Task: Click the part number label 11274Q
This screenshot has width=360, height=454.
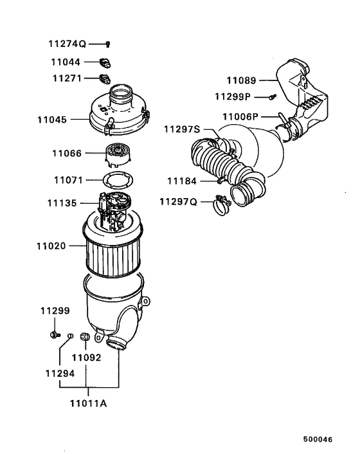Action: pos(67,44)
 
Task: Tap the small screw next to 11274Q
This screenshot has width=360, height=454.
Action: pos(108,44)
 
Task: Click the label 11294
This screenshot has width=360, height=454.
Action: pos(59,373)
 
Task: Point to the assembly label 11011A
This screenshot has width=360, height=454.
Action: pos(89,404)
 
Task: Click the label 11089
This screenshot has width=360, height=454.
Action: pos(241,81)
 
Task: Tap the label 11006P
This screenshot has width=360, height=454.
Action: pos(240,116)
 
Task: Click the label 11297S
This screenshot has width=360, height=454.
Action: pos(181,129)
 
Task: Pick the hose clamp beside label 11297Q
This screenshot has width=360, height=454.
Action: pos(221,205)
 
